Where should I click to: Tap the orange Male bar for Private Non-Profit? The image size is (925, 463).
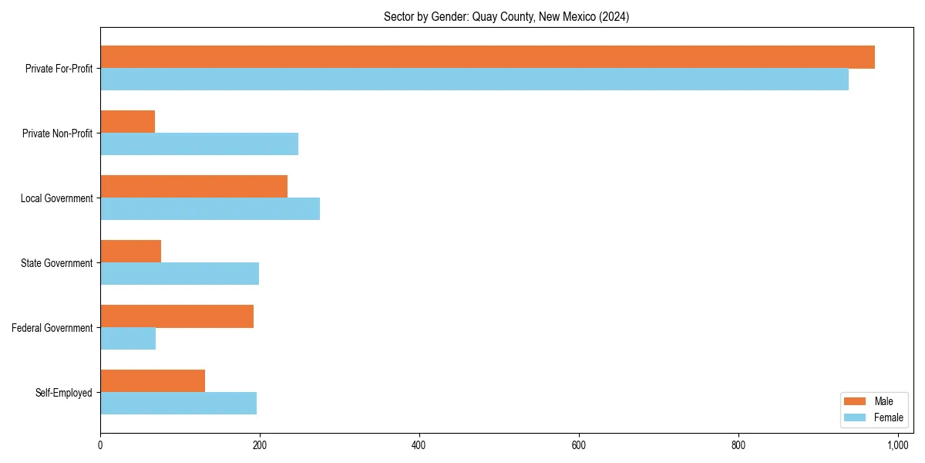128,122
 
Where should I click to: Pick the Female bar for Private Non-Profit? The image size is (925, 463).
199,144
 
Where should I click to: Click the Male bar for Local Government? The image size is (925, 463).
193,187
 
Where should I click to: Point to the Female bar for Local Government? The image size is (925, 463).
210,209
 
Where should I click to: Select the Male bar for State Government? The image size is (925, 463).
131,252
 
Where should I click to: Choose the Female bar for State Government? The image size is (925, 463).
180,274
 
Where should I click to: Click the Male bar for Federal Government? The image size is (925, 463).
177,316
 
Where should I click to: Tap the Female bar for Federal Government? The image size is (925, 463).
128,339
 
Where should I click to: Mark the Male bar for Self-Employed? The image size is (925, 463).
153,381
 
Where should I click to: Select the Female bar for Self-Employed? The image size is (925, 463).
178,404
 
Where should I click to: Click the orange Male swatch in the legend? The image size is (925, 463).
856,401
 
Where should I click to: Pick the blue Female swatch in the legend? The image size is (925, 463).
856,417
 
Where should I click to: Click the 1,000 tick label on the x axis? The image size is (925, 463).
898,445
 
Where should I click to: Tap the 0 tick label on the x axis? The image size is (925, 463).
100,445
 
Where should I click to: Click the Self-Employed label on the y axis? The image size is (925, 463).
64,393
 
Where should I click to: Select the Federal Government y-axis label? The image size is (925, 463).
52,328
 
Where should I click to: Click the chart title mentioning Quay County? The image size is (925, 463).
506,17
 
